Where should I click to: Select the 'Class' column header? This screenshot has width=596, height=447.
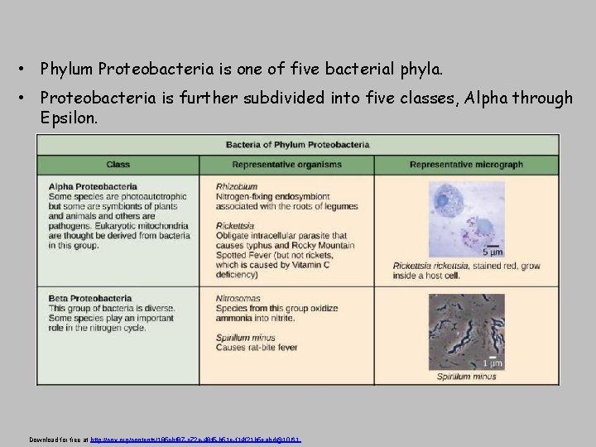pos(118,164)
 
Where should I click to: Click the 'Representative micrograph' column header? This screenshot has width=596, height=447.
pos(466,164)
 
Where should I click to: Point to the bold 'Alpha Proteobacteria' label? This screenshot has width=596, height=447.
pos(94,187)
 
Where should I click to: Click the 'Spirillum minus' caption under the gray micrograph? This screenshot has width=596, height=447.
pos(467,377)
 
